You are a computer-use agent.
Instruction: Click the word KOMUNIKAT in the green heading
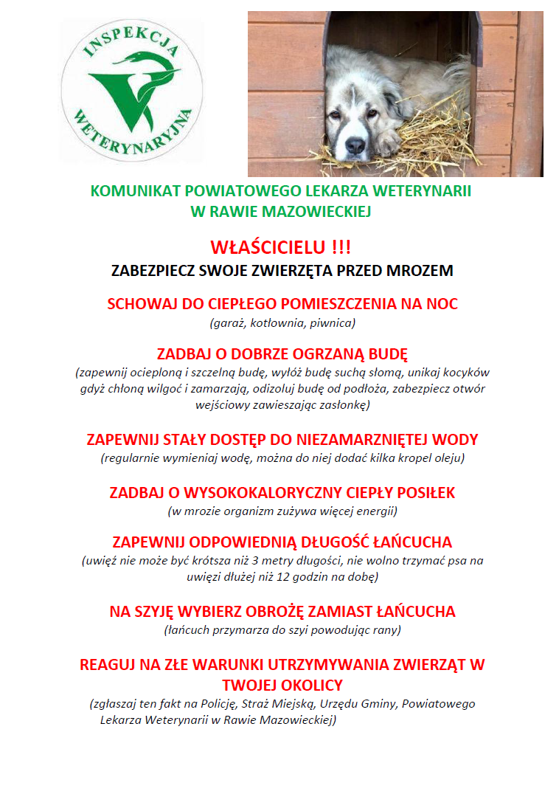131,191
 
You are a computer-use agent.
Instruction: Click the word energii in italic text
375,511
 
